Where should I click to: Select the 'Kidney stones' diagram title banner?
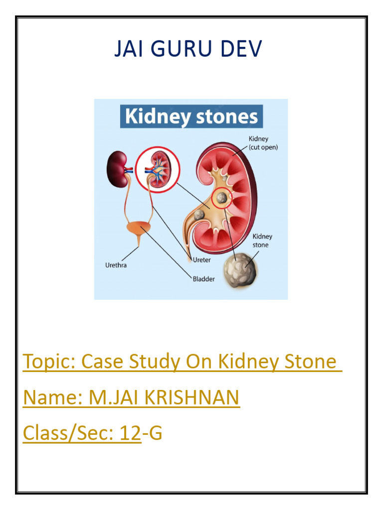[x=191, y=117]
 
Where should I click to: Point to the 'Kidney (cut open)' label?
[x=263, y=143]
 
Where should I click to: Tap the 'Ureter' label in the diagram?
[x=201, y=259]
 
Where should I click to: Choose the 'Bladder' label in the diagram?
[x=204, y=279]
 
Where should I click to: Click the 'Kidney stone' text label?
[x=262, y=241]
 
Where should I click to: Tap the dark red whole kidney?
[x=116, y=170]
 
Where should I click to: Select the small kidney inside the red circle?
[x=158, y=169]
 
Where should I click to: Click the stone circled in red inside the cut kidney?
[x=222, y=198]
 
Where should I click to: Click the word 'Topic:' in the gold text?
[x=49, y=362]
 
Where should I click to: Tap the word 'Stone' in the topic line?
[x=310, y=362]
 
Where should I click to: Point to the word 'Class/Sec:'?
[x=68, y=433]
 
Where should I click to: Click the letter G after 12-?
[x=156, y=433]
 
